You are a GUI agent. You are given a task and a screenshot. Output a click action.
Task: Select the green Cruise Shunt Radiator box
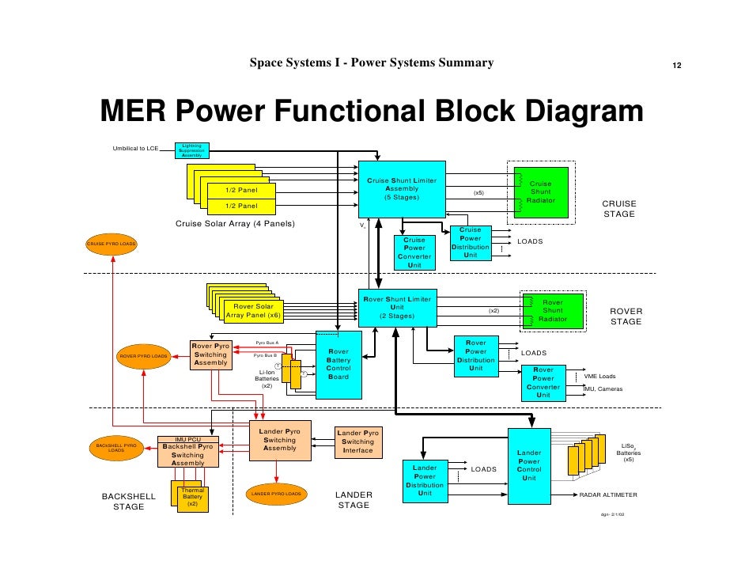click(x=542, y=191)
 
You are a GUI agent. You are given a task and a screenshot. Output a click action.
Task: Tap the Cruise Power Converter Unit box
click(x=414, y=252)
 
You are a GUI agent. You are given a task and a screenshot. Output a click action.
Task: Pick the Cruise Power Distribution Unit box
click(x=471, y=242)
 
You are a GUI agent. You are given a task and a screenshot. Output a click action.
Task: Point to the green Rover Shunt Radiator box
click(x=552, y=310)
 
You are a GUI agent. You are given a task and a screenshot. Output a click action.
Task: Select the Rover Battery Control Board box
click(x=338, y=364)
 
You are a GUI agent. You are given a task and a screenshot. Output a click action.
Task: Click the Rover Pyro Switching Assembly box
click(x=210, y=354)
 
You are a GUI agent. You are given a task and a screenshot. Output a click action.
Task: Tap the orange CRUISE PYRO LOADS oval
click(x=112, y=244)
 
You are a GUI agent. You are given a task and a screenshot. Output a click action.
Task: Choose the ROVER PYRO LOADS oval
click(x=143, y=357)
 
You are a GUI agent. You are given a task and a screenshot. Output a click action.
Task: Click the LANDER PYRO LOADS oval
click(x=276, y=494)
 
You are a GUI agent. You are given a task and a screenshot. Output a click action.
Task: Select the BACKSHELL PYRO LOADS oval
click(x=115, y=448)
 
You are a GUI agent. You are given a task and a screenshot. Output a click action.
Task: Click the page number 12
click(x=677, y=65)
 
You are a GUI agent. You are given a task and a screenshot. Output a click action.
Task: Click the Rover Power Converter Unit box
click(x=543, y=382)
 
